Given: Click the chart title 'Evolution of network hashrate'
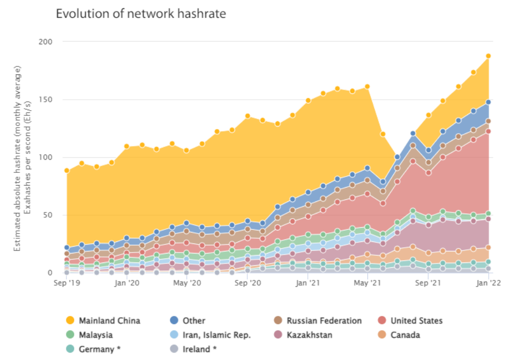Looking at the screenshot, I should pos(141,14).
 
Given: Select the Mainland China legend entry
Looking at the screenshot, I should pos(110,320).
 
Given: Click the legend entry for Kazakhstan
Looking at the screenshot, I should pos(309,335).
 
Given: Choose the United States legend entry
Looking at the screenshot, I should pos(416,320).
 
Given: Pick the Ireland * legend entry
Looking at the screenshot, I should pos(199,349).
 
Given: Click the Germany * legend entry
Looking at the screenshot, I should pos(99,349).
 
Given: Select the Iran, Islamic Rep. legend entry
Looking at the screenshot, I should pos(216,335).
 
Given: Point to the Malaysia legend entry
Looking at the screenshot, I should pos(95,335).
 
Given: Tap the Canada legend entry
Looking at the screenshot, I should pos(405,335).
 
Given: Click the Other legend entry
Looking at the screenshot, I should pos(193,320).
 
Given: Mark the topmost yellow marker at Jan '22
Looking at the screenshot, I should pos(489,56).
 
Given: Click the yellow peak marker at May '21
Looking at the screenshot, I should pos(367,86).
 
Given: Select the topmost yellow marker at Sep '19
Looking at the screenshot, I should pos(66,170).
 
